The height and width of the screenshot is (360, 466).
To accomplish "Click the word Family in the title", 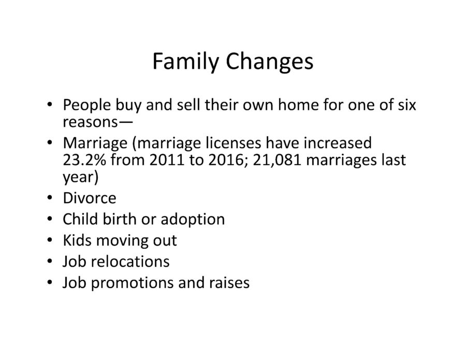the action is coord(185,62).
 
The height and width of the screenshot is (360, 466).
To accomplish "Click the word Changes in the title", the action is coord(269,62).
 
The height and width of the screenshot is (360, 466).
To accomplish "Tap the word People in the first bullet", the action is coord(87,105).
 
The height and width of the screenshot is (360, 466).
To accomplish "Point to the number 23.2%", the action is coord(84,160).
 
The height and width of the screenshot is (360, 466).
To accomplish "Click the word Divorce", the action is coord(90,198).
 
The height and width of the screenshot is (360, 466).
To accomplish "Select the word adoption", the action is coord(193,220).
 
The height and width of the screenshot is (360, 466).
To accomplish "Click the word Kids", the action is coord(77,240).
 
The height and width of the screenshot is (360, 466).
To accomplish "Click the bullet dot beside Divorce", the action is coord(49,197).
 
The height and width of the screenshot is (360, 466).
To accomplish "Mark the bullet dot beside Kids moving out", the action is coord(49,240).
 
